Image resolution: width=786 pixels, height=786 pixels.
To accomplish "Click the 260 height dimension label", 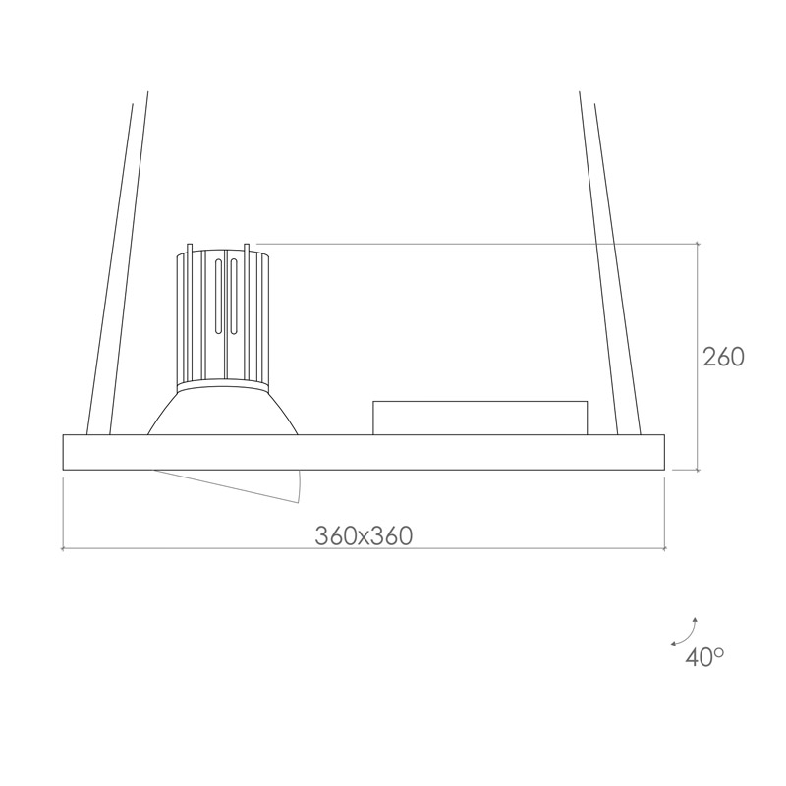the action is click(723, 357).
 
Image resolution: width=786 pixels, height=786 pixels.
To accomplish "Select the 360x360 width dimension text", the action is click(364, 535).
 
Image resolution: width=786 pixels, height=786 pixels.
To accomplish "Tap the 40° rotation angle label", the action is click(704, 657).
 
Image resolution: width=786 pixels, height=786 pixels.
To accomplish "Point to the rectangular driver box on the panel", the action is click(480, 419).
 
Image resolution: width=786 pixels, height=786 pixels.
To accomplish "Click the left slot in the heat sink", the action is click(218, 297).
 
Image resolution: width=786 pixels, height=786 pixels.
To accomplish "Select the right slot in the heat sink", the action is click(234, 297).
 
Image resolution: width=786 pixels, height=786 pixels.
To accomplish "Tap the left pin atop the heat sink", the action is click(189, 249).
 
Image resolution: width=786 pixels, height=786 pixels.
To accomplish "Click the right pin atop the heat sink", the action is click(247, 249).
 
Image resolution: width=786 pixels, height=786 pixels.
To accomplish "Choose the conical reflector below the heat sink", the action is click(223, 413).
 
